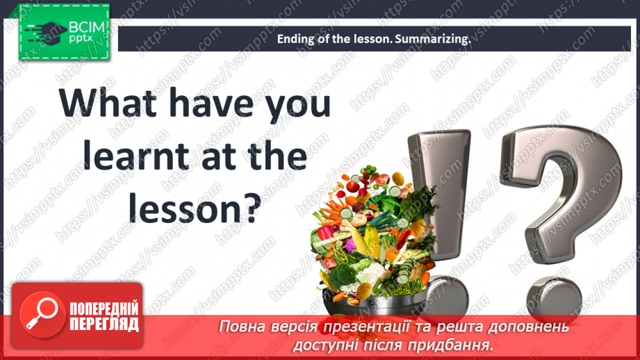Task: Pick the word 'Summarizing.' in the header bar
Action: (433, 40)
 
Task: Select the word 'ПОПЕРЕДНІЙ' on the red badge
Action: (104, 308)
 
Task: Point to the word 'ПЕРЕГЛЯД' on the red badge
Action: (104, 324)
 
